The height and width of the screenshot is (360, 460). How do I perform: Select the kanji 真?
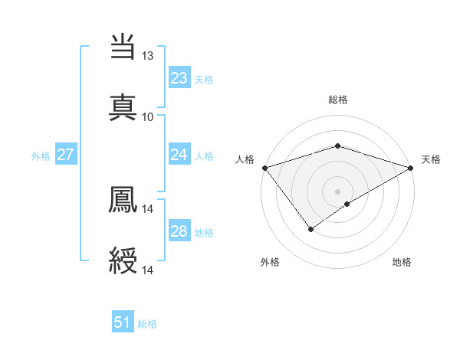click(x=123, y=108)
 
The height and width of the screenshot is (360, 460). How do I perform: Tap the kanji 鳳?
click(x=123, y=200)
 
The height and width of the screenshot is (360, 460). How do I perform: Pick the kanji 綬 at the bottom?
click(x=123, y=261)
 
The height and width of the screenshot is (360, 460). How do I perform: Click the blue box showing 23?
click(x=179, y=78)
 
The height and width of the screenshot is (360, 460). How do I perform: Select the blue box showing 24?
click(x=179, y=155)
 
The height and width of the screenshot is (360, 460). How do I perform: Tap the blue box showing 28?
click(x=179, y=231)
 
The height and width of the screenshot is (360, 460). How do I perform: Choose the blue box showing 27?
click(x=65, y=155)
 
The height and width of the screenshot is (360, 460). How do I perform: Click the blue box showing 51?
click(x=123, y=322)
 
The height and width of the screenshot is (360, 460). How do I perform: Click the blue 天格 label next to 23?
click(x=203, y=79)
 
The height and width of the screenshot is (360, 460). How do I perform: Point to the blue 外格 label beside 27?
click(x=41, y=155)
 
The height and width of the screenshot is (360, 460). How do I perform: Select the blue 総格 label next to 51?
click(x=147, y=323)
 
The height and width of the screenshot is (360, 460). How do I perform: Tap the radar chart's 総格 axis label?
click(x=337, y=100)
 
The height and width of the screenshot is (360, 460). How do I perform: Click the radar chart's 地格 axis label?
click(x=402, y=262)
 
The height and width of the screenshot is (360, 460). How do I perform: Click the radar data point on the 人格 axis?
click(x=264, y=168)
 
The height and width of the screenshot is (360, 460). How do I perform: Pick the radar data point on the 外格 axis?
click(x=310, y=228)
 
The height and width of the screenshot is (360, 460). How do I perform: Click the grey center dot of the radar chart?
click(x=337, y=191)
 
